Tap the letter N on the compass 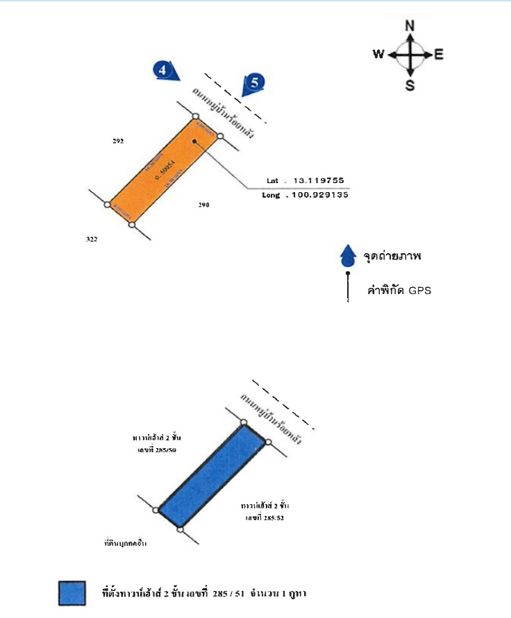click(410, 26)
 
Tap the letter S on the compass click(410, 85)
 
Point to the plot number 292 click(118, 141)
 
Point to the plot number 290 click(203, 205)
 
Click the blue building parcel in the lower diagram click(211, 476)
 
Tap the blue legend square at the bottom click(72, 594)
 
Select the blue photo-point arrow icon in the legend click(348, 256)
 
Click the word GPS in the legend click(419, 290)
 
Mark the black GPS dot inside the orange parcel click(196, 141)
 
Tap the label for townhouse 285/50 click(156, 444)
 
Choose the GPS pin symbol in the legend click(347, 287)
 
